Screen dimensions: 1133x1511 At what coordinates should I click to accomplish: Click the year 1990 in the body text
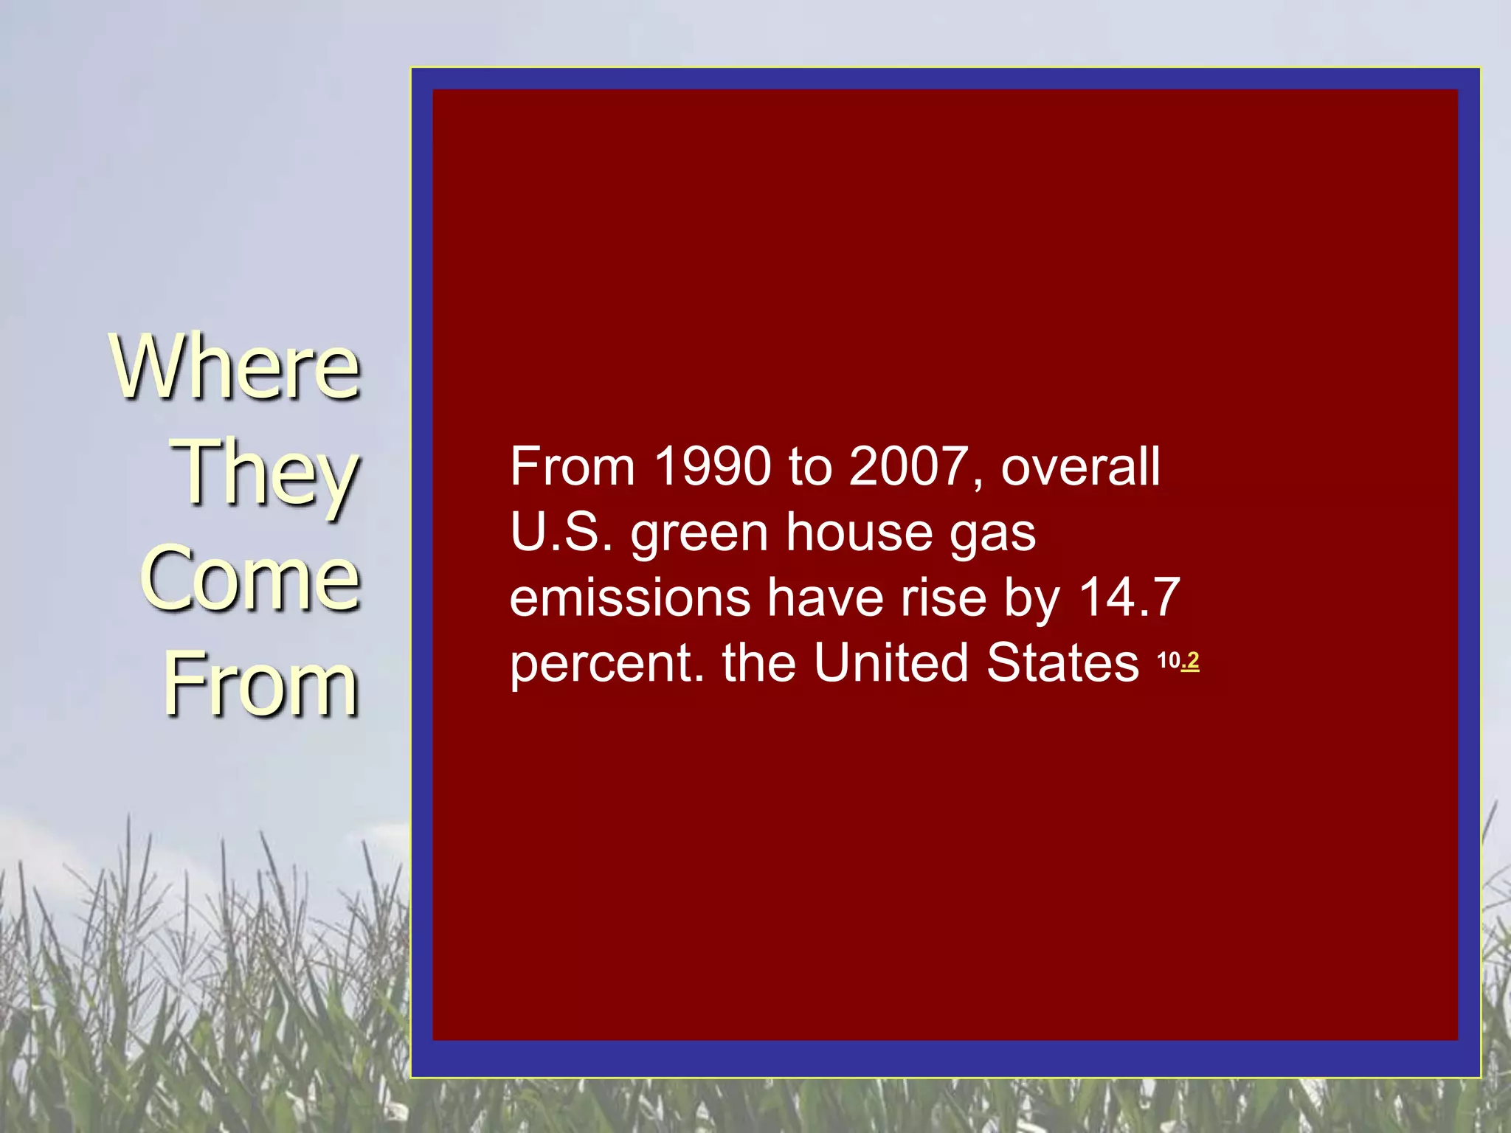click(x=713, y=467)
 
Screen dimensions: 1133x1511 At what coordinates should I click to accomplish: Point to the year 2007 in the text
click(x=908, y=467)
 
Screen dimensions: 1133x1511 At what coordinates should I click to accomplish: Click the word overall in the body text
click(x=1080, y=467)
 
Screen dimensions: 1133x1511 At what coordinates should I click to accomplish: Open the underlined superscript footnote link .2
click(x=1190, y=660)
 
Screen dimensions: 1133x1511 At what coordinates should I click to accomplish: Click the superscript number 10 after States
click(x=1169, y=660)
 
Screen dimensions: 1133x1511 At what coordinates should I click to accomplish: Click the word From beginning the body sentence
click(x=573, y=467)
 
